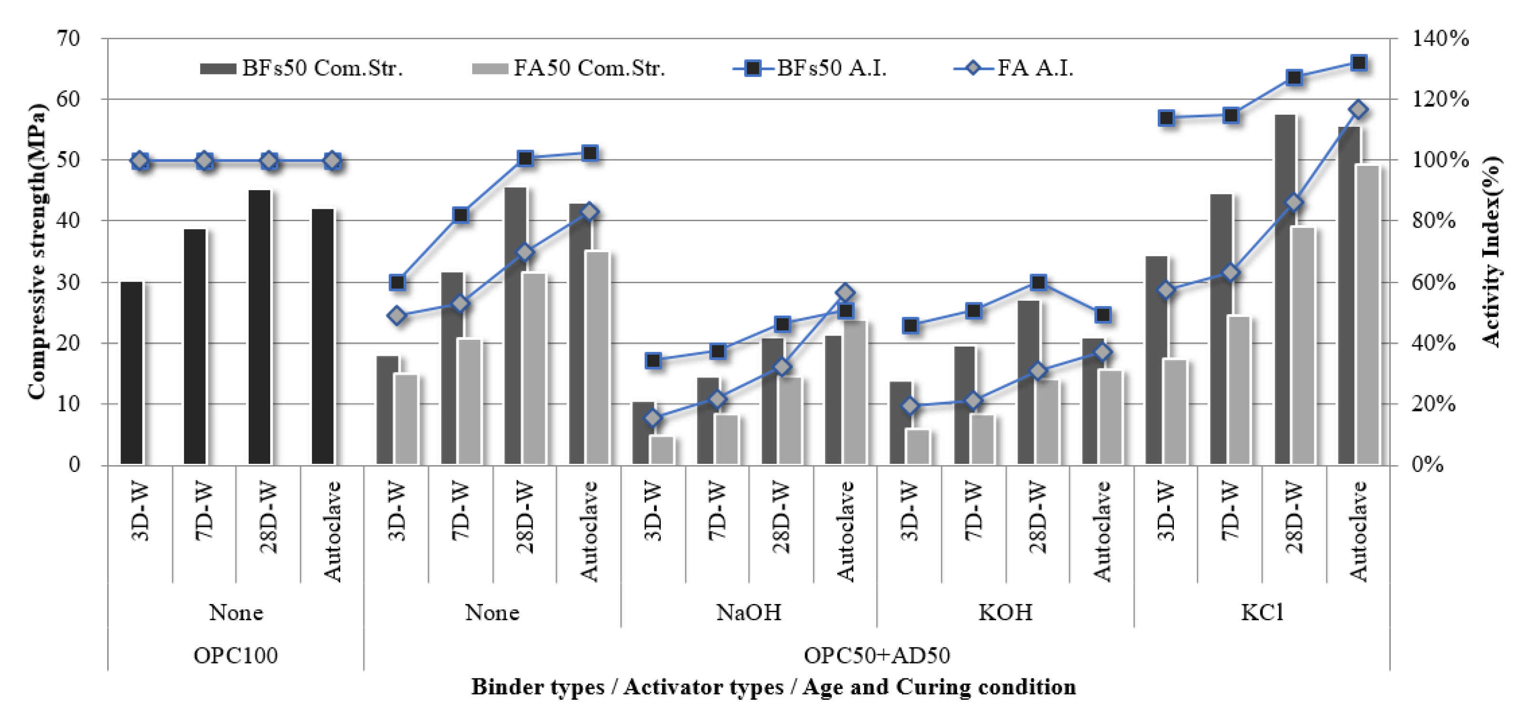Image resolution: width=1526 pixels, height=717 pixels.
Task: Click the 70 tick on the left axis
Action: pos(68,39)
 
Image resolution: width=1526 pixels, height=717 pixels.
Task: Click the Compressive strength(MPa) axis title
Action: pos(36,252)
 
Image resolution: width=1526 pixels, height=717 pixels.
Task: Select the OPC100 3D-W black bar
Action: pos(131,373)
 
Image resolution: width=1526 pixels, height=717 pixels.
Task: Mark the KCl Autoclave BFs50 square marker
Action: pos(1359,63)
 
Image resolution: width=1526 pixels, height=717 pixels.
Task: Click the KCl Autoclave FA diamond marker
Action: pos(1359,110)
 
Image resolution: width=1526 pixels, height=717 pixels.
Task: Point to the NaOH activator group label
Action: pos(748,612)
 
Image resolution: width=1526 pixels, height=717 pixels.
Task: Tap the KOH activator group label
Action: pos(1005,612)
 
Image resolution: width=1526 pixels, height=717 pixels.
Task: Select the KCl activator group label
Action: pos(1262,612)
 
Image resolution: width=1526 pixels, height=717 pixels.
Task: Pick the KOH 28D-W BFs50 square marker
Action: pos(1038,282)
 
